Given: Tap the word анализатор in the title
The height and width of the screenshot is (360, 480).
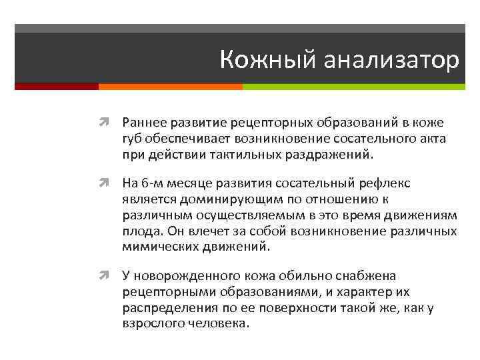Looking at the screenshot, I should [x=392, y=61].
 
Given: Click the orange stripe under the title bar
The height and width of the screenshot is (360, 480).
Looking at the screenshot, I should [x=170, y=87].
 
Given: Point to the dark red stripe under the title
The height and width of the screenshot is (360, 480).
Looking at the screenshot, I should [x=56, y=87].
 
